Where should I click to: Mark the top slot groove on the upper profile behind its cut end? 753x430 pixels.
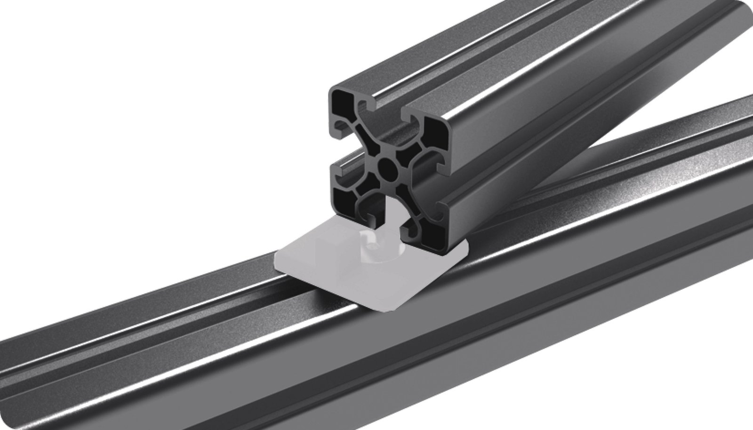[471, 71]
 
